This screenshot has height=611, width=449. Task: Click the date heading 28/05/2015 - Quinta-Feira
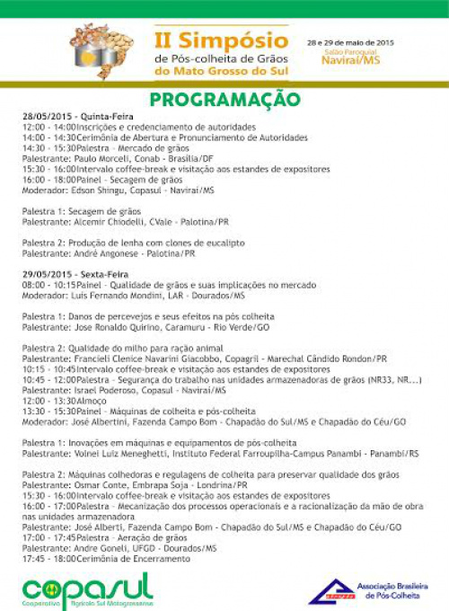pos(75,118)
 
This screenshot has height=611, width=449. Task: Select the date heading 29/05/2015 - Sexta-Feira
pos(75,273)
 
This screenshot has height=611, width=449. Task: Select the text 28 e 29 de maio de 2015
pos(349,42)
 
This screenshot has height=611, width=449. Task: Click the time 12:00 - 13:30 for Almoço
pos(48,401)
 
